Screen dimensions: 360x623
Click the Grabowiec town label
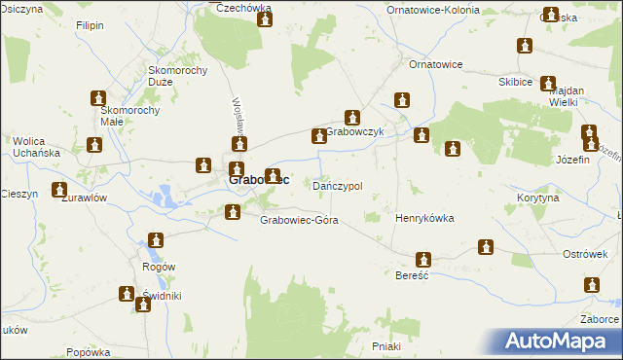click(x=258, y=180)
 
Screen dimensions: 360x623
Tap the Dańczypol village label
click(x=338, y=186)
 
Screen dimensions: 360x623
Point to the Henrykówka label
click(x=424, y=219)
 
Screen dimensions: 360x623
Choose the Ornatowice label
click(x=435, y=64)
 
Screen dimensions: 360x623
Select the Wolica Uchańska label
click(x=37, y=147)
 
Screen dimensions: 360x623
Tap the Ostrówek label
click(x=586, y=254)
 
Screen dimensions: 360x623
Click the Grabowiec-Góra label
click(x=299, y=220)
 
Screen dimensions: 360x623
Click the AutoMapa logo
click(x=558, y=341)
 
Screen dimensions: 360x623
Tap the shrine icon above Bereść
click(x=423, y=260)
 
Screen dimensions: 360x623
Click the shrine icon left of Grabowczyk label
click(x=317, y=137)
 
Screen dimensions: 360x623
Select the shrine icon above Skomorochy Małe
click(x=98, y=98)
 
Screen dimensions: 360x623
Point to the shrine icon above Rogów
click(x=155, y=239)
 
